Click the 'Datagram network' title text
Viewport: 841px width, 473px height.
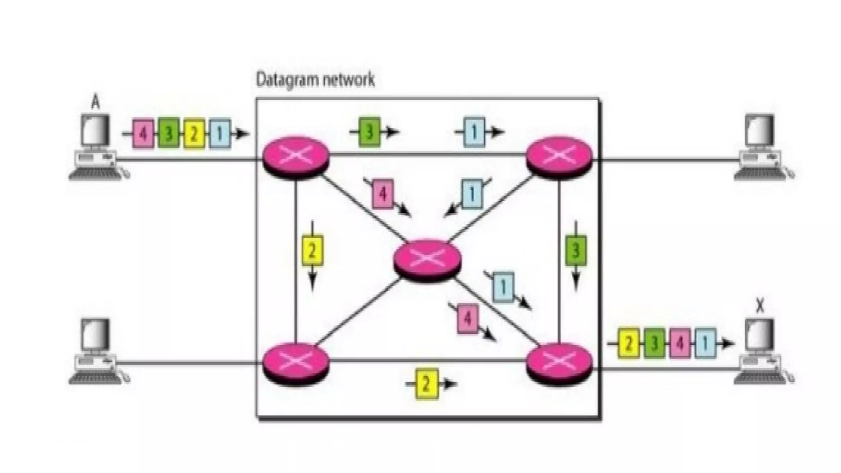click(x=315, y=79)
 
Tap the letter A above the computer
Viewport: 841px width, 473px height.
click(x=95, y=102)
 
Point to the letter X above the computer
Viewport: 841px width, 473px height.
click(x=760, y=306)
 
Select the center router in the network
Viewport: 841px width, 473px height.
click(x=427, y=259)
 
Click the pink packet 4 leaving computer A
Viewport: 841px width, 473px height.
click(x=142, y=133)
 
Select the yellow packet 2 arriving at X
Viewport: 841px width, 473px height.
click(x=628, y=343)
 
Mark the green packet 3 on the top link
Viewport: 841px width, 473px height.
click(x=369, y=132)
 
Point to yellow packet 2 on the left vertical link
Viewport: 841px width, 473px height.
click(x=313, y=250)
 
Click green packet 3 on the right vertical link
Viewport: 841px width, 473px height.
click(x=576, y=250)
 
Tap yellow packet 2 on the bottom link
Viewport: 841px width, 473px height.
click(x=426, y=384)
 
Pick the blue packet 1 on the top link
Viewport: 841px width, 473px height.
click(x=474, y=132)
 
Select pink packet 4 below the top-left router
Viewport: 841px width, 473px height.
click(x=383, y=194)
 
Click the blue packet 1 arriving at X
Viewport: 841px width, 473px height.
click(x=705, y=343)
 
